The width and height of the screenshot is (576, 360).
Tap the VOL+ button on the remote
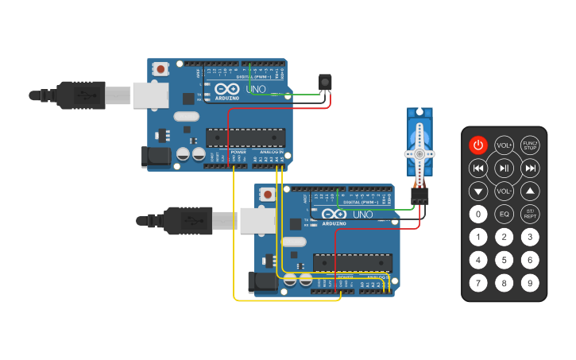tap(504, 145)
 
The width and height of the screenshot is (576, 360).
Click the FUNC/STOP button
tap(530, 145)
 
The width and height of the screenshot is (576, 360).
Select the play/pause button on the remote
tap(504, 168)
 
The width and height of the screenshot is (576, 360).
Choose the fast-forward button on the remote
tap(530, 168)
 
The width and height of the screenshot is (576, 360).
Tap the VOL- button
tap(504, 191)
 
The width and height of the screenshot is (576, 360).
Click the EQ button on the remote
tap(504, 214)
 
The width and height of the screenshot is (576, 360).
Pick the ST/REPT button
tap(530, 214)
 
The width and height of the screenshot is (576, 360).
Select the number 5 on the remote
tap(504, 260)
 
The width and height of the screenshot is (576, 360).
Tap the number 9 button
tap(530, 283)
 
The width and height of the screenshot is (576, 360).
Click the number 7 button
tap(477, 283)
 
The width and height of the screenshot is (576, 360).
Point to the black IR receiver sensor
tap(324, 83)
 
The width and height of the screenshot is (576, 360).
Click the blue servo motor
tap(419, 147)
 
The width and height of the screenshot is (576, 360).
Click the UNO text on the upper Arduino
tap(256, 90)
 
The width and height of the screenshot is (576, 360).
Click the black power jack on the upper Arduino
tap(155, 157)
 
